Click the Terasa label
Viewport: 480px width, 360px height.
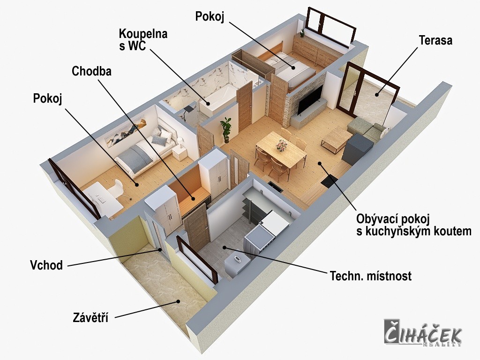(x=435, y=40)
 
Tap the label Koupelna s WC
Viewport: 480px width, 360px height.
(x=143, y=39)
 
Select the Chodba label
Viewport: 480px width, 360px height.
(x=91, y=71)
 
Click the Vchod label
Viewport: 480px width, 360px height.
(x=46, y=265)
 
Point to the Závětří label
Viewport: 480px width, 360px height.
(x=90, y=317)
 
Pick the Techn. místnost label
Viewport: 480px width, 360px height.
(x=370, y=276)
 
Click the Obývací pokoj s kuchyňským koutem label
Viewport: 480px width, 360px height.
(x=413, y=225)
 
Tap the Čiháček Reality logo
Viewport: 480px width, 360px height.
(x=423, y=333)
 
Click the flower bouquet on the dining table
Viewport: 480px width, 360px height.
(x=281, y=145)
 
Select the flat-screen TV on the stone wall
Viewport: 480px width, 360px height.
(x=310, y=100)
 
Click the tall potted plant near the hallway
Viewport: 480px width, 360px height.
(x=226, y=130)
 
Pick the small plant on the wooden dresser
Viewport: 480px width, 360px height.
(x=302, y=33)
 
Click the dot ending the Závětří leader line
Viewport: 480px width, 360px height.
(x=178, y=301)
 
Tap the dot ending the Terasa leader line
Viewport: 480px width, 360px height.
(x=377, y=95)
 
